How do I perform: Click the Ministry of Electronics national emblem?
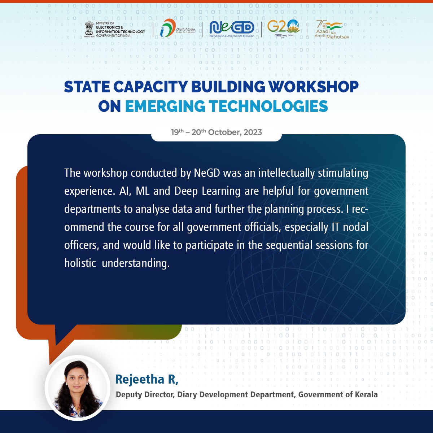coord(89,29)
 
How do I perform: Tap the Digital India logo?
coord(178,28)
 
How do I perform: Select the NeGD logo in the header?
coord(232,29)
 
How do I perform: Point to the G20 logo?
coord(284,28)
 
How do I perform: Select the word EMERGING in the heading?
coord(165,106)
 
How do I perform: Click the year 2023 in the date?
coord(253,132)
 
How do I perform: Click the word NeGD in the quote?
coord(207,173)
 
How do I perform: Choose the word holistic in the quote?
coord(80,263)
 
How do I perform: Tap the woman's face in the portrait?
coord(76,382)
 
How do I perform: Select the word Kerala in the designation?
coord(366,395)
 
